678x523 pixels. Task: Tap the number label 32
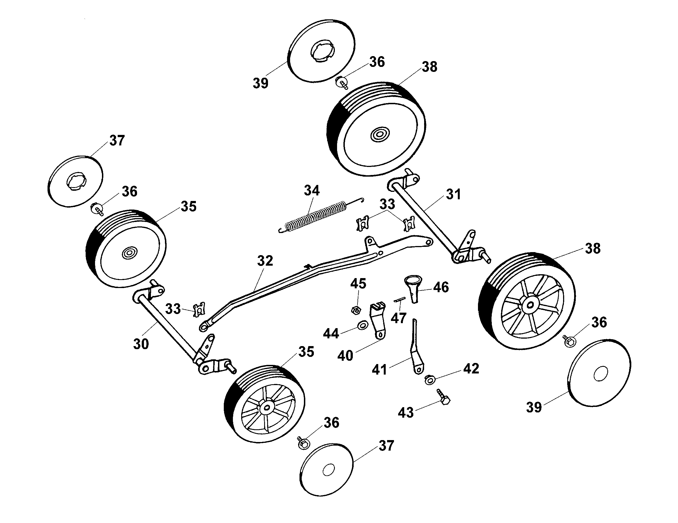pos(265,261)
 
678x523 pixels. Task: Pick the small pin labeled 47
pos(400,300)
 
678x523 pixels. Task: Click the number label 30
pos(141,344)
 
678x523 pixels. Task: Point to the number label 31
pos(453,194)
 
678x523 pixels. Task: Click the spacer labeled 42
pos(429,380)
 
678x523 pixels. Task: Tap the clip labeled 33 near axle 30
pos(199,310)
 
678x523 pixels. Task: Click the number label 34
pos(312,191)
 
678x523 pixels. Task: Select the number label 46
pos(441,287)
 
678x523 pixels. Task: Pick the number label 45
pos(358,284)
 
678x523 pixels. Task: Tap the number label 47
pos(399,318)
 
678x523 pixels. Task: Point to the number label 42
pos(471,369)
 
